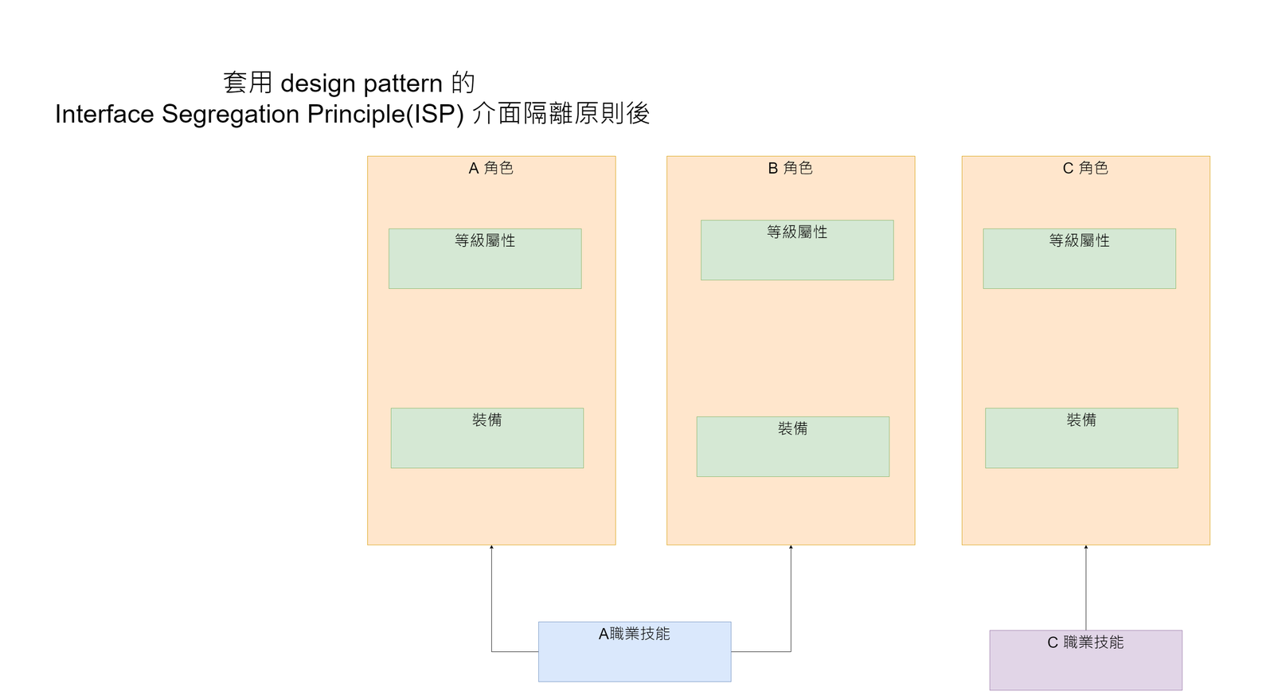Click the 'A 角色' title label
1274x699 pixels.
point(490,168)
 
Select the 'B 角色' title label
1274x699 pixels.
point(790,168)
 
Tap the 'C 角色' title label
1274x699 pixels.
point(1085,168)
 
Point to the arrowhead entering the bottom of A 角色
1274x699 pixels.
point(491,547)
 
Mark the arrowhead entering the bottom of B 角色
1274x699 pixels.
point(791,547)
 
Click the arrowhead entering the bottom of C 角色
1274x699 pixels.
point(1086,547)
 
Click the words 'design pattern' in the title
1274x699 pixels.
point(361,83)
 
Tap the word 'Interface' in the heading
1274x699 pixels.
point(104,114)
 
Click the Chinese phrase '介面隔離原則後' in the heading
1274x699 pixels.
point(561,114)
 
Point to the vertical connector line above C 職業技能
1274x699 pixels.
point(1086,589)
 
